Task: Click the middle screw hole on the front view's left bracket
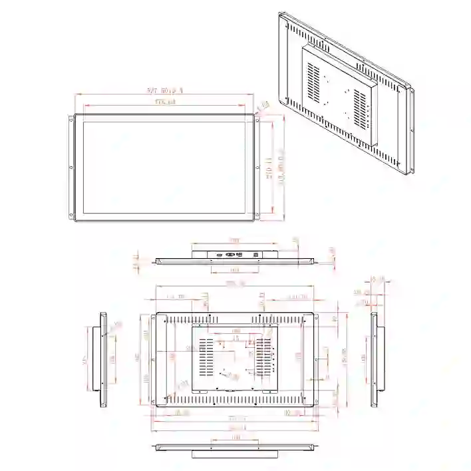tap(71, 168)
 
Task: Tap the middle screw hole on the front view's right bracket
tap(257, 168)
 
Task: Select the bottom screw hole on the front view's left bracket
tap(71, 214)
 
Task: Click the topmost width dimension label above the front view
tap(164, 90)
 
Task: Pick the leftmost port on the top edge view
tap(218, 255)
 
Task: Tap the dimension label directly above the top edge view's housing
tap(235, 240)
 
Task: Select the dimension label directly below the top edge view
tap(235, 270)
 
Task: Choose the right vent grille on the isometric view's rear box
tap(360, 106)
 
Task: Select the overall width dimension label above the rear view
tap(234, 284)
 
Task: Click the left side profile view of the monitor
tap(103, 359)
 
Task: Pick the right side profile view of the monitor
tap(374, 359)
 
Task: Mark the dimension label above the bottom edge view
tap(235, 438)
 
